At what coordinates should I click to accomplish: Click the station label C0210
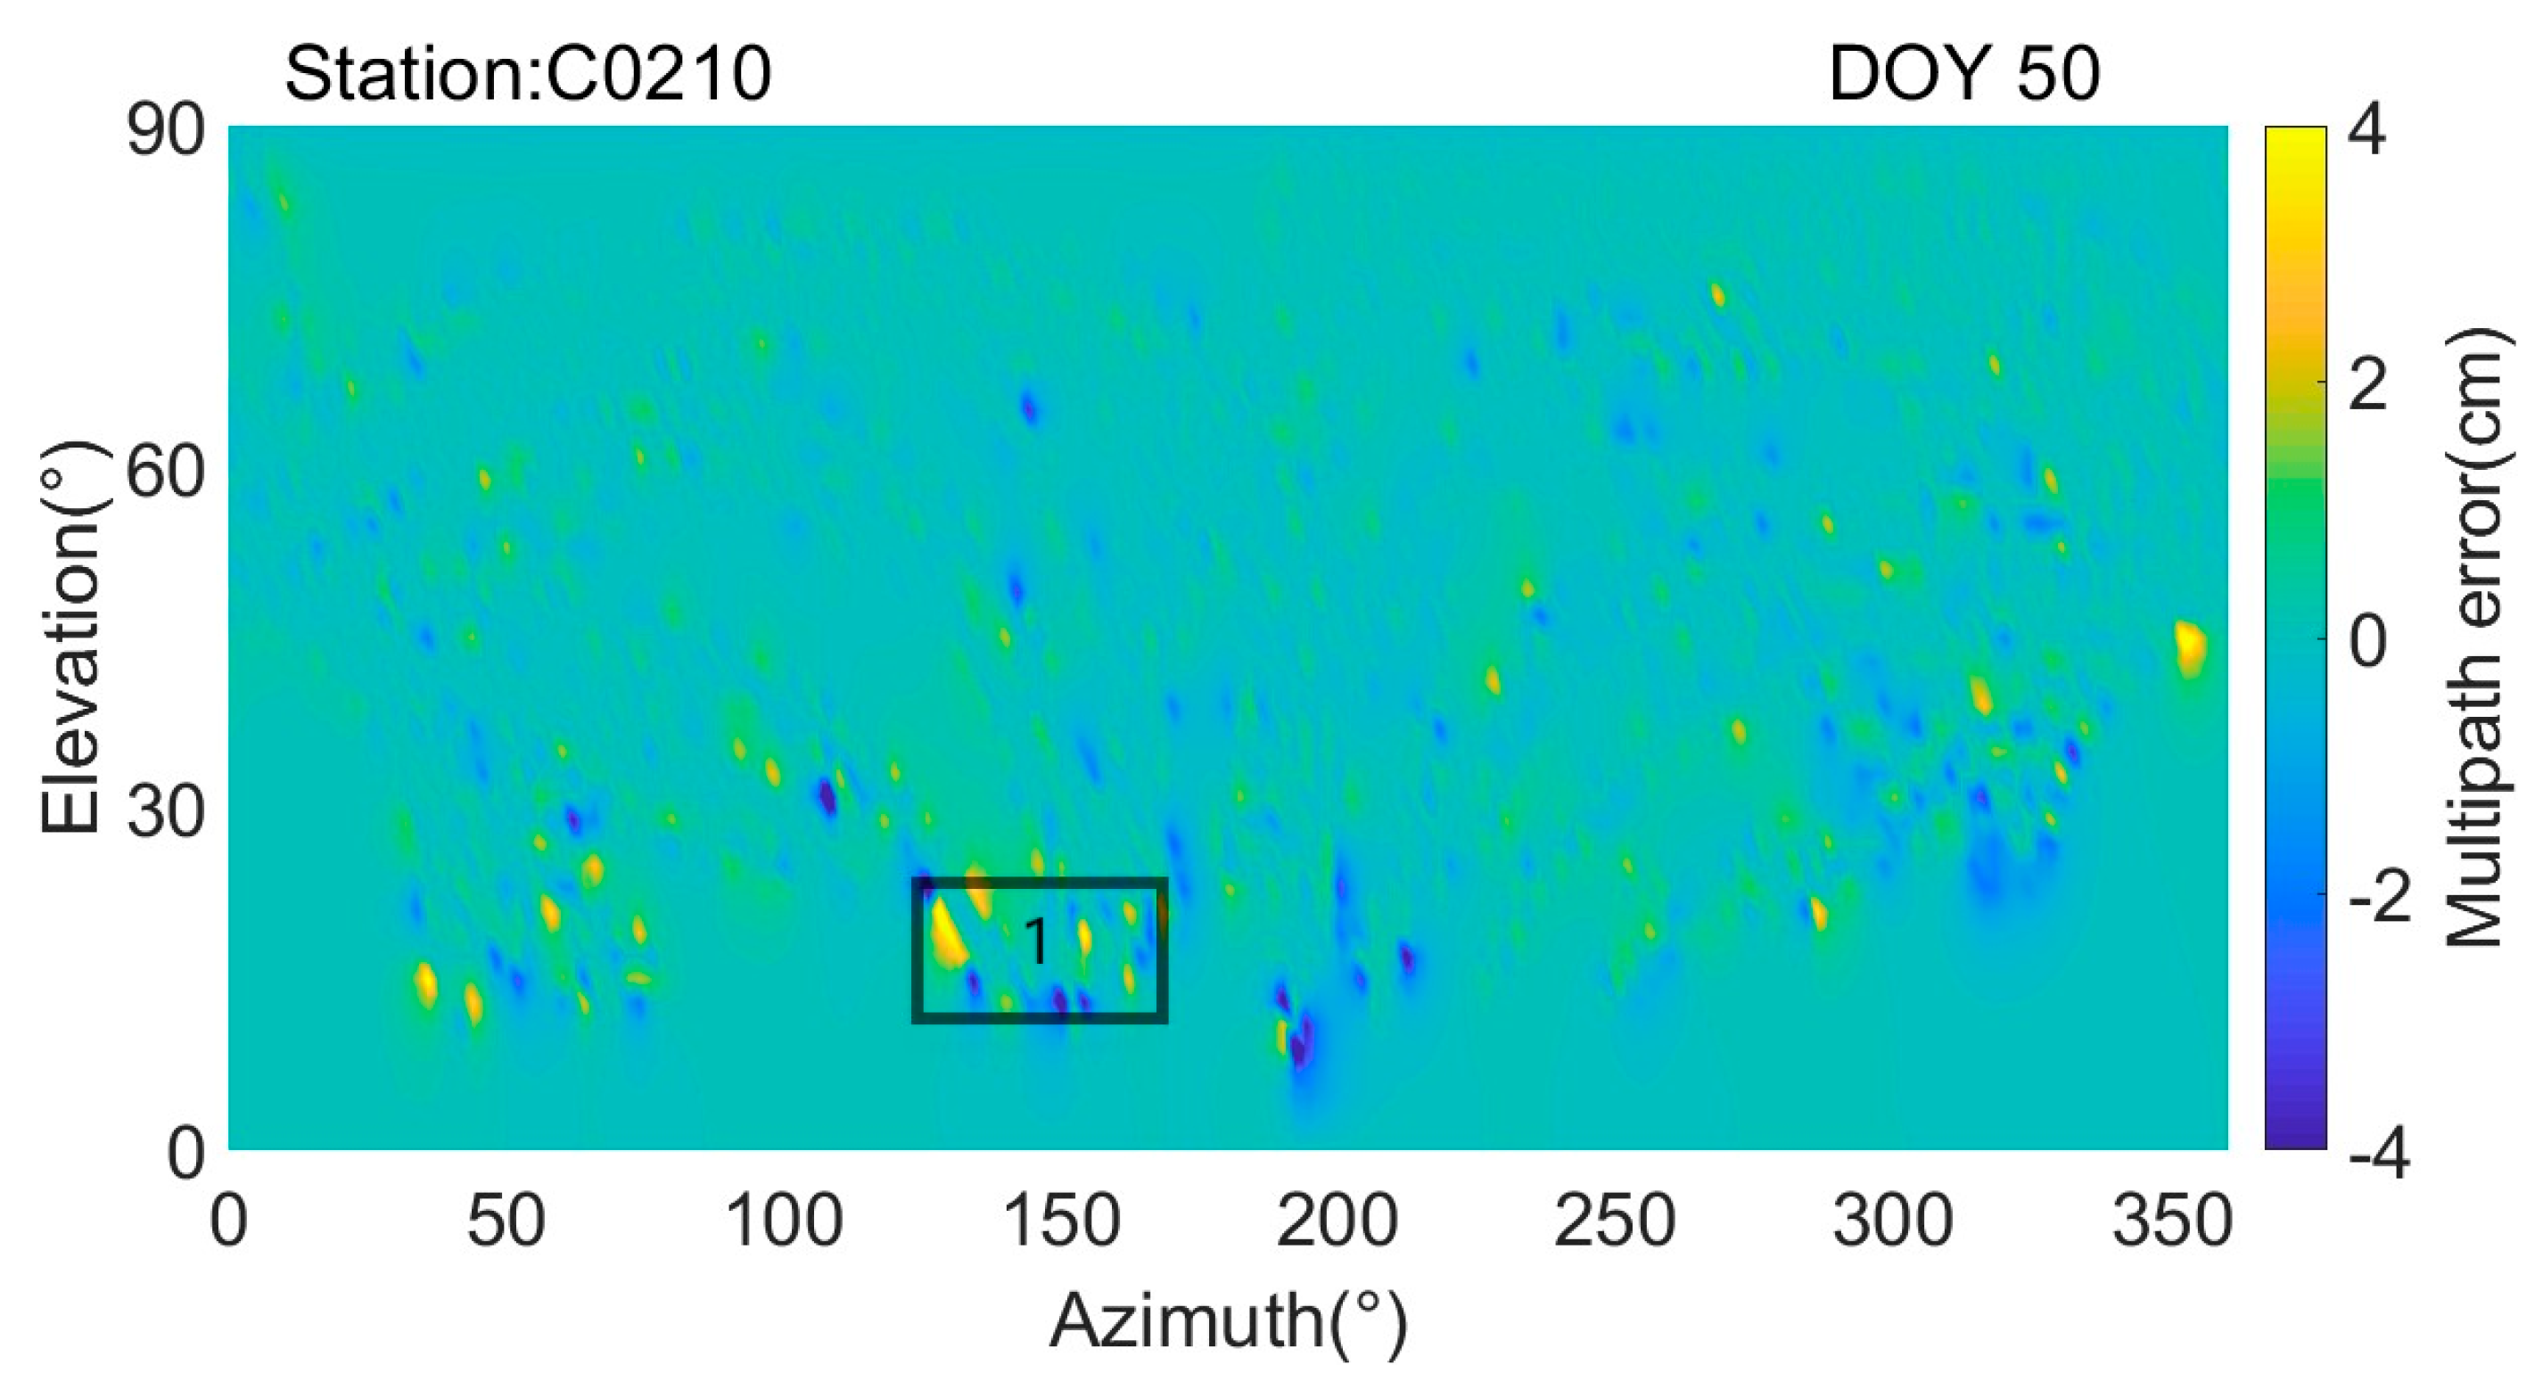[x=527, y=74]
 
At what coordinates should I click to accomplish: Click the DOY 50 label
[x=1963, y=74]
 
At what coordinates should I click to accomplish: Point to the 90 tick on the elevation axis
[x=166, y=131]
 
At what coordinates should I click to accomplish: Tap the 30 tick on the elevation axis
[x=166, y=812]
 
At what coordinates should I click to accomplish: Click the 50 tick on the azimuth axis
[x=506, y=1221]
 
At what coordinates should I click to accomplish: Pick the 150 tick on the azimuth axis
[x=1061, y=1221]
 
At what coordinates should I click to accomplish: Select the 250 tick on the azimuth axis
[x=1615, y=1221]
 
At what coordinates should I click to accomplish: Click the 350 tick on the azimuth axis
[x=2172, y=1221]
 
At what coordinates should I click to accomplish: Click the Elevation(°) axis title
[x=71, y=637]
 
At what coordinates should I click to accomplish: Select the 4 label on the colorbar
[x=2367, y=129]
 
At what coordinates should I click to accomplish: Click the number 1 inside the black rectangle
[x=1036, y=941]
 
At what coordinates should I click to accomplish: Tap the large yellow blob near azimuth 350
[x=2191, y=646]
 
